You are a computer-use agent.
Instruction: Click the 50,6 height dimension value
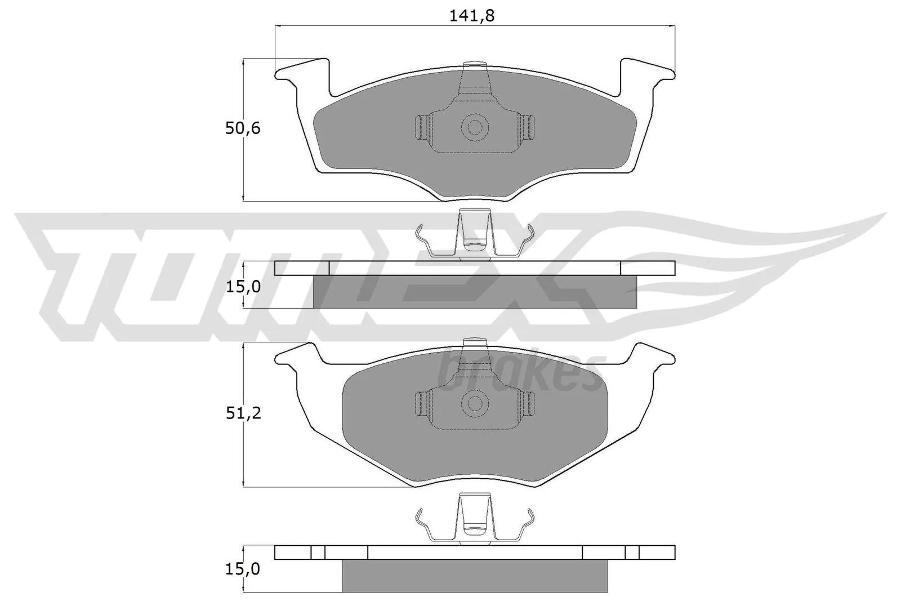click(x=243, y=128)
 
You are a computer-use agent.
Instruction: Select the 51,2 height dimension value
click(x=243, y=413)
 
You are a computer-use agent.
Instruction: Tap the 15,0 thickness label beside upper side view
click(x=243, y=287)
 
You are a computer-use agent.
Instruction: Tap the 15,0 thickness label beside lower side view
click(x=243, y=569)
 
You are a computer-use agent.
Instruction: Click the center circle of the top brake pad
click(x=475, y=127)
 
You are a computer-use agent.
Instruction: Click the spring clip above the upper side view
click(x=474, y=237)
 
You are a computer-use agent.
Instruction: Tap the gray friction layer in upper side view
click(x=475, y=292)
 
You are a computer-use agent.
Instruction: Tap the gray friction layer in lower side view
click(x=475, y=576)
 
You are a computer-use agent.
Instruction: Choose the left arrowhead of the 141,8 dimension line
click(x=278, y=25)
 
